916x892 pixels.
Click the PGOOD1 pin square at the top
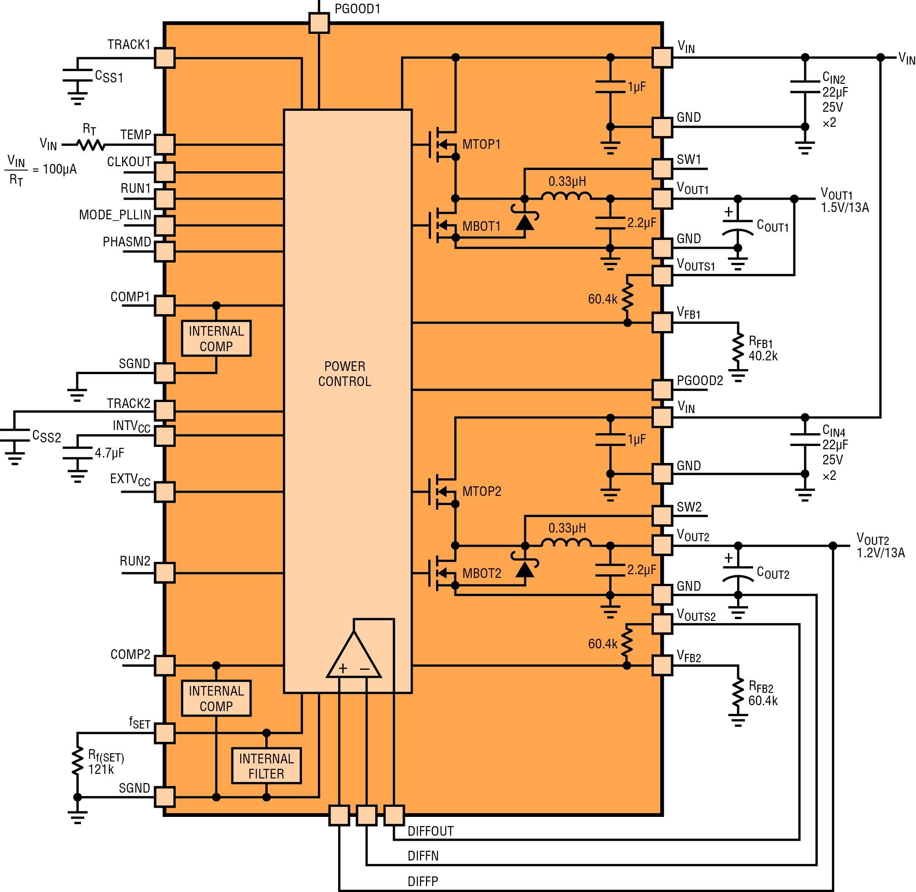click(x=319, y=22)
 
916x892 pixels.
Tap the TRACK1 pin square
click(x=165, y=58)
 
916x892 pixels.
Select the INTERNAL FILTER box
click(x=266, y=766)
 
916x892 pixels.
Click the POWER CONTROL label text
click(x=345, y=374)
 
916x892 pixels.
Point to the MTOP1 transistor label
click(x=481, y=144)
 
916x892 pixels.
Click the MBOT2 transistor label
click(x=482, y=573)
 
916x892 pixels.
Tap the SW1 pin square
click(x=663, y=168)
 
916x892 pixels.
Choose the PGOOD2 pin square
click(x=663, y=390)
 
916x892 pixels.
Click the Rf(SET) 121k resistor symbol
click(x=77, y=763)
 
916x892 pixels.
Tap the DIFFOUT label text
click(x=431, y=831)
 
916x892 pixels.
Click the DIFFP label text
click(x=423, y=881)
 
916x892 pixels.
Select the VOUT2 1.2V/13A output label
click(x=880, y=546)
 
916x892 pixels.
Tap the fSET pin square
click(x=165, y=733)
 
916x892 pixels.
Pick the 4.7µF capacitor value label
click(x=109, y=453)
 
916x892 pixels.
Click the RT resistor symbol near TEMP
click(x=91, y=145)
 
